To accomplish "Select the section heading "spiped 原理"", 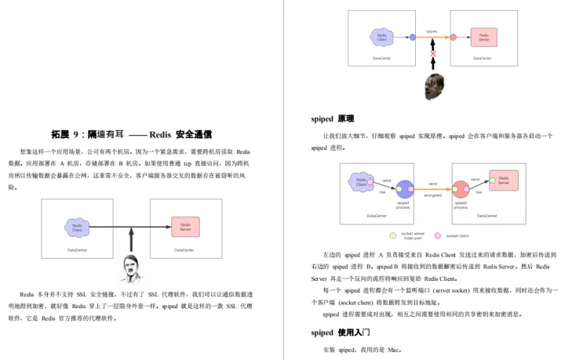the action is click(x=333, y=118).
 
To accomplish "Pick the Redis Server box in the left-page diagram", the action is click(x=184, y=227).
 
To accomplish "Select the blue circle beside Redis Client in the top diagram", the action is click(x=412, y=37).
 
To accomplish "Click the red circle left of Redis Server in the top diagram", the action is click(x=454, y=37).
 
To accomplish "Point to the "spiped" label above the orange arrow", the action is click(x=432, y=31).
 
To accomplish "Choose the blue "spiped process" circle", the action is click(x=404, y=189).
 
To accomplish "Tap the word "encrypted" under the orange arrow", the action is click(x=432, y=196).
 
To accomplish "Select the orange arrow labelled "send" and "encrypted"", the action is click(x=432, y=189).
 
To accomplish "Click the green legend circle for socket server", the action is click(x=392, y=235).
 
